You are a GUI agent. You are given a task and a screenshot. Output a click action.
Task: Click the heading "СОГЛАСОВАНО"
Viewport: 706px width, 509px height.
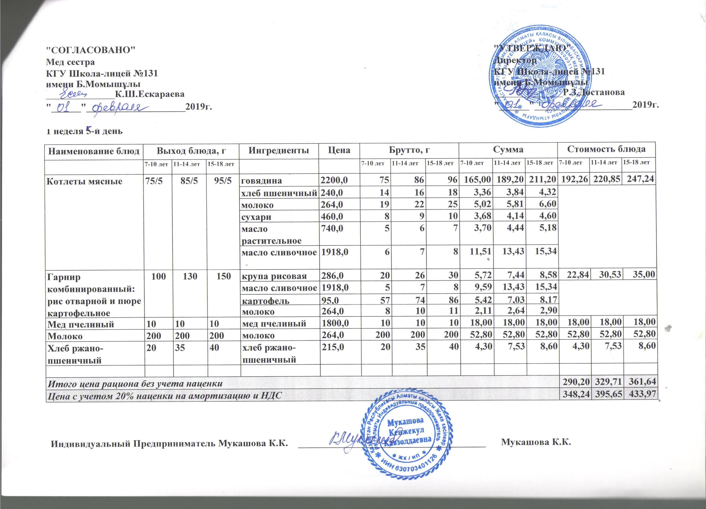(x=91, y=50)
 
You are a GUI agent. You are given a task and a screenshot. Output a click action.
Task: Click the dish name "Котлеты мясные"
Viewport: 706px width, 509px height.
(x=84, y=181)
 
